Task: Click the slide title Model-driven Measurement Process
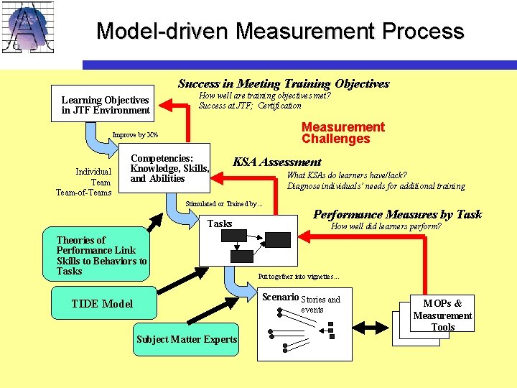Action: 280,31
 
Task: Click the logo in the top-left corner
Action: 29,29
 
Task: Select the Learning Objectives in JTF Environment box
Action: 105,105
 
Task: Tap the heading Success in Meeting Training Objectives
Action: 283,84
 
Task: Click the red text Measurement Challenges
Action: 343,133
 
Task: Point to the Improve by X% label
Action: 135,135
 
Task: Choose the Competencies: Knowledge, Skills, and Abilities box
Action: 169,169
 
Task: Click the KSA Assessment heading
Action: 276,162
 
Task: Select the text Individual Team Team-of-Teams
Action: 84,182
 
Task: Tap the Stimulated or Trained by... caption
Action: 224,204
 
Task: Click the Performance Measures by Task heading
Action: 397,214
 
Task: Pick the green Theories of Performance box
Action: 102,256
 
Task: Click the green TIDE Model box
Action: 103,303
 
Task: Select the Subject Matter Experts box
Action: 187,339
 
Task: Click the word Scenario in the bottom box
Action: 280,297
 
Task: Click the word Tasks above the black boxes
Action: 220,223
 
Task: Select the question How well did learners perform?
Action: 386,227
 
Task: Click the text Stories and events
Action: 320,304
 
